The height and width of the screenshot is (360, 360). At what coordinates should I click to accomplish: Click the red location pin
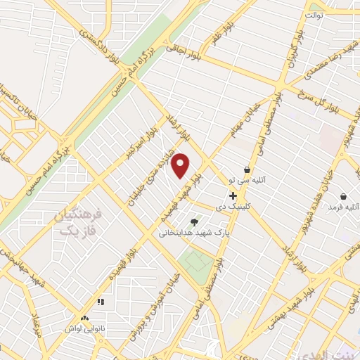(x=181, y=165)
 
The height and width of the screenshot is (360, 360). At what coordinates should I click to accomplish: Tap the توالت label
(x=314, y=13)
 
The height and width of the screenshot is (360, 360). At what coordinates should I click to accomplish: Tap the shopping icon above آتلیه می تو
(x=247, y=169)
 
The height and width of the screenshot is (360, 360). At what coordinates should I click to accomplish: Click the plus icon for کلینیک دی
(x=233, y=195)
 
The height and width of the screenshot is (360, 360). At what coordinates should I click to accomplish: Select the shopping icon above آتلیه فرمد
(x=342, y=196)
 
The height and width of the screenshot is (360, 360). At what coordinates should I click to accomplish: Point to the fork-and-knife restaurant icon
(x=100, y=302)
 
